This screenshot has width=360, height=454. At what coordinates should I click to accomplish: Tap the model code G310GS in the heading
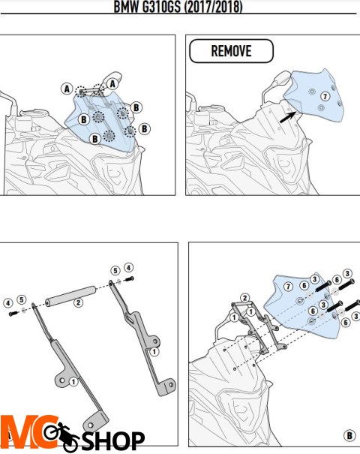(x=161, y=6)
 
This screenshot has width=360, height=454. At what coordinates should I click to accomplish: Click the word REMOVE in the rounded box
(x=231, y=51)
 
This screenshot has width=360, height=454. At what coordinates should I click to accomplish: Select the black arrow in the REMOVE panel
(x=288, y=117)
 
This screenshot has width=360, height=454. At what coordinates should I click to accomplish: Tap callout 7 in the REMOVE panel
(x=325, y=96)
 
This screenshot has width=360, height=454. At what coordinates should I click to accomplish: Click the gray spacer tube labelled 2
(x=70, y=296)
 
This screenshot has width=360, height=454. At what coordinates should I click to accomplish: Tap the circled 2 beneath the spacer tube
(x=78, y=302)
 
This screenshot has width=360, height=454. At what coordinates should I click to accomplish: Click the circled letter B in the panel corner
(x=349, y=435)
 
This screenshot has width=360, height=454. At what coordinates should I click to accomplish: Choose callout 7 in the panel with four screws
(x=288, y=287)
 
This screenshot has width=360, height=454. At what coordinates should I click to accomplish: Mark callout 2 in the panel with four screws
(x=244, y=298)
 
